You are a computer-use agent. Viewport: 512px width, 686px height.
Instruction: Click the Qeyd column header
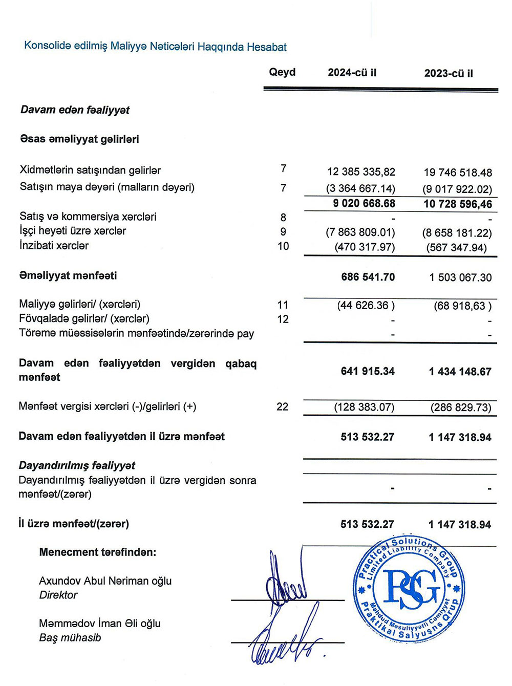point(282,72)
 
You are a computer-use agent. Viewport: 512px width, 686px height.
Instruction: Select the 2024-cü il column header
point(352,73)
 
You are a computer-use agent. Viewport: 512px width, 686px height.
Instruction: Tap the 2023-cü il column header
point(449,73)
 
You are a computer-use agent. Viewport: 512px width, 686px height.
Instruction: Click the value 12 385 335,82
point(361,172)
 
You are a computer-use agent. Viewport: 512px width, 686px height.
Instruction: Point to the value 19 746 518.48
point(458,173)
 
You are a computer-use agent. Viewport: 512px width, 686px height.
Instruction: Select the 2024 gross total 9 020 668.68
point(364,203)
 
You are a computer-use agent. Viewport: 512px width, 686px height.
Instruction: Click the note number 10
point(283,246)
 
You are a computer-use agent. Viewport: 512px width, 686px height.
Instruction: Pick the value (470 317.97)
point(365,247)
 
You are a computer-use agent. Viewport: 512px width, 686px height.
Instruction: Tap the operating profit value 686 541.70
point(368,277)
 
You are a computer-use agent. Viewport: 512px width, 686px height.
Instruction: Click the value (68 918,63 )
point(462,306)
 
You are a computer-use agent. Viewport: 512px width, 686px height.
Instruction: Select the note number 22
point(282,406)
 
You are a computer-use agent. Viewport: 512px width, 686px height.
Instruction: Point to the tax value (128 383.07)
point(364,408)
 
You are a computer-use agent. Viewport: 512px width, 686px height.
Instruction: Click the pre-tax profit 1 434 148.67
point(460,372)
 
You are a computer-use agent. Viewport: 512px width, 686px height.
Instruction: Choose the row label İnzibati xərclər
point(54,246)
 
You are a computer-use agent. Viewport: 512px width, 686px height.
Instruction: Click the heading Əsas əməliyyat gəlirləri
point(79,139)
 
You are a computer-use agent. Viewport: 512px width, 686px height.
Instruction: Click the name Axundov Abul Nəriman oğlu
point(105,581)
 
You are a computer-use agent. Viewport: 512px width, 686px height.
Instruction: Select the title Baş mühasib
point(70,638)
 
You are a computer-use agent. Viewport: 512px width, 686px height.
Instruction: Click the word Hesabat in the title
point(267,47)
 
